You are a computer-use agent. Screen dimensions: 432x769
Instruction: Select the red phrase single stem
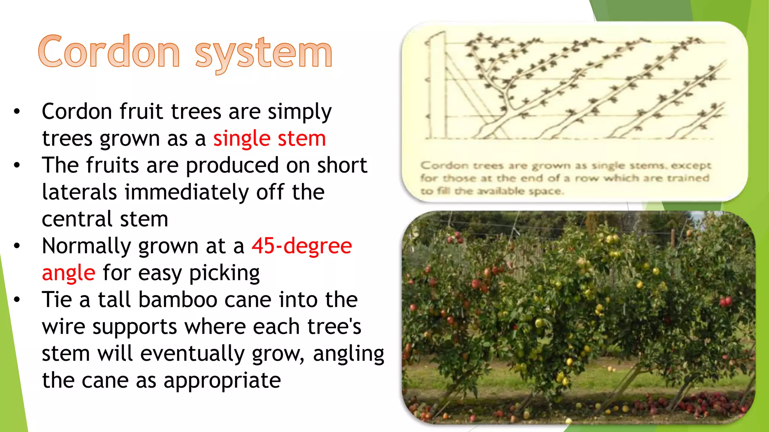[269, 138]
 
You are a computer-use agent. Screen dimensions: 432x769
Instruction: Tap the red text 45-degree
[302, 246]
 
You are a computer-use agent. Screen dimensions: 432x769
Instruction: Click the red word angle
[68, 273]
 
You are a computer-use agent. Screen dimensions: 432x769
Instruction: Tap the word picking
[224, 273]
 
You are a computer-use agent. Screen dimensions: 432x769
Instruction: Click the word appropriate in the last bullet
[222, 380]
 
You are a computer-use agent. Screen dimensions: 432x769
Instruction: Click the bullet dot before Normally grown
[17, 246]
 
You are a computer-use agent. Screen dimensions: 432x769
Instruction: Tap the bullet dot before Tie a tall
[17, 300]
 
